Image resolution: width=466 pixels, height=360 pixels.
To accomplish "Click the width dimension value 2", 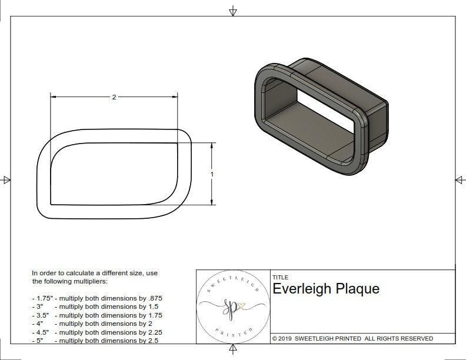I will (114, 97).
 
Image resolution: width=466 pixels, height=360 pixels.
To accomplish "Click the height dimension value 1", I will (212, 174).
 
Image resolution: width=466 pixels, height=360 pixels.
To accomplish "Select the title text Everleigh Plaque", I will (326, 289).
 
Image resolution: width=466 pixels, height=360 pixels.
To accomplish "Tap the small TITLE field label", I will (280, 278).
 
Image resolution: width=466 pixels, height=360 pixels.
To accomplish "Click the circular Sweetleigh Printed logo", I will (232, 306).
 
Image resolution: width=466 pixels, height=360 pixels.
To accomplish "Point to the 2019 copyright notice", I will (352, 338).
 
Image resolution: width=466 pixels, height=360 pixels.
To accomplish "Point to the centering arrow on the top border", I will (233, 11).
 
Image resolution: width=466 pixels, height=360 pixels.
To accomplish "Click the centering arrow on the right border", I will (459, 179).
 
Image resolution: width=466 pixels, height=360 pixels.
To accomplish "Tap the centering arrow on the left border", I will (6, 179).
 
